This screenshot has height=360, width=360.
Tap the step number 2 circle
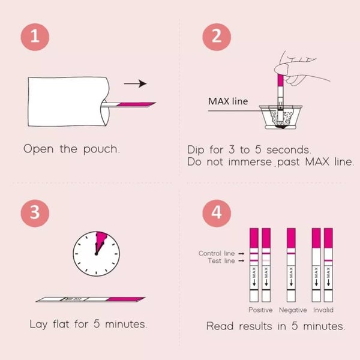(x=215, y=38)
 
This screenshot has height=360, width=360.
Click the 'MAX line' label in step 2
(x=227, y=101)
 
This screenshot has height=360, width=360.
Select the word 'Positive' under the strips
(x=260, y=310)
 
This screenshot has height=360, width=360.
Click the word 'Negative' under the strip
(x=293, y=310)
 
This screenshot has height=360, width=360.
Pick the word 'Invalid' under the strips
(x=323, y=310)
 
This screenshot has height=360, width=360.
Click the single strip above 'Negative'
(x=292, y=264)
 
